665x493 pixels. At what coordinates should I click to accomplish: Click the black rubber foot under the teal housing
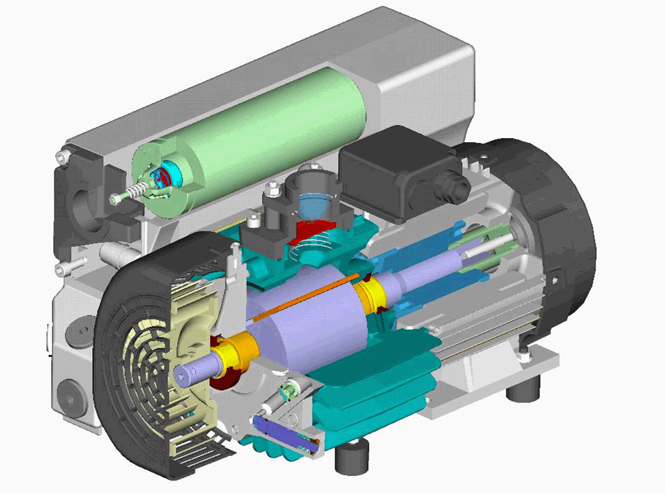pos(351,456)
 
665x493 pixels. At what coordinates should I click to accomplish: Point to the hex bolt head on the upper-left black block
pos(62,159)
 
